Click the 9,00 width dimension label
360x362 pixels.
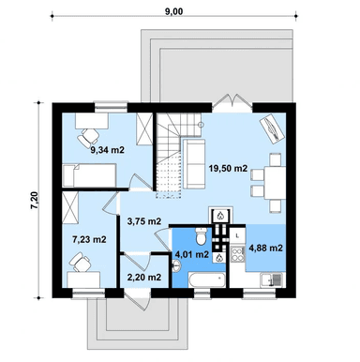point(173,11)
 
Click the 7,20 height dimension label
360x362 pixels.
point(35,200)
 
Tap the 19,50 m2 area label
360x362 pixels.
point(228,169)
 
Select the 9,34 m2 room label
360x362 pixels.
point(108,150)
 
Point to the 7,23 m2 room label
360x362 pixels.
point(89,240)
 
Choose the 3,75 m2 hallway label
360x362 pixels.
point(144,221)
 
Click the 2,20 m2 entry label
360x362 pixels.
point(144,277)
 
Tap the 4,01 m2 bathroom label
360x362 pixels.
point(191,255)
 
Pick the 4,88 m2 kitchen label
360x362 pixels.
point(265,249)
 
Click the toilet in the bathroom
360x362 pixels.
point(201,236)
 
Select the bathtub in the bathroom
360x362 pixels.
point(207,279)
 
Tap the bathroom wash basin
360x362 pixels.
point(176,266)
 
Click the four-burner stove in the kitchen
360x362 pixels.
point(238,254)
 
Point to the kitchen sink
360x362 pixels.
point(272,279)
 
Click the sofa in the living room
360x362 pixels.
point(194,164)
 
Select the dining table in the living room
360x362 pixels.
point(275,183)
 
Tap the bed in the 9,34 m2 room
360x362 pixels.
point(89,175)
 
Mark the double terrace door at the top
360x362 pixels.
point(233,101)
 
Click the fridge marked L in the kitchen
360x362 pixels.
point(238,236)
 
